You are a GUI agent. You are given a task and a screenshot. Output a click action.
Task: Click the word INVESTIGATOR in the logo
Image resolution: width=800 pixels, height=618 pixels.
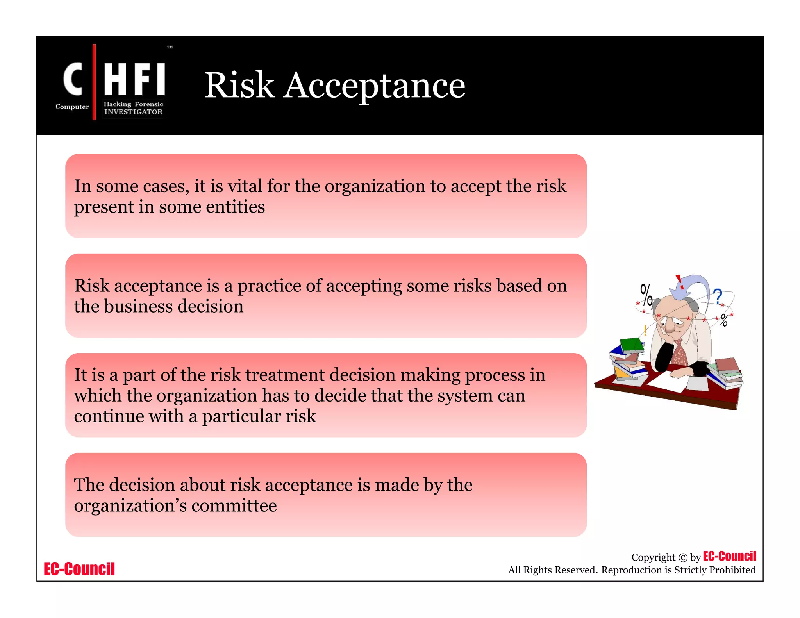[133, 112]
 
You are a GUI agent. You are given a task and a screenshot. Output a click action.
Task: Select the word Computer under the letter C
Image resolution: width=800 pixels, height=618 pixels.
[72, 107]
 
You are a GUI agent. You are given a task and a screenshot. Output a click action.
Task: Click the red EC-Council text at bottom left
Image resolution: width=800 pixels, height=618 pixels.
[79, 569]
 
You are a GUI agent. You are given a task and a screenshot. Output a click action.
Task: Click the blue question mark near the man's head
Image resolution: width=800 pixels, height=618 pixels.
[718, 296]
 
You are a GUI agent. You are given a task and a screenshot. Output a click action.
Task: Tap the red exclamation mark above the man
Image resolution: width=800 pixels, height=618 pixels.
[680, 281]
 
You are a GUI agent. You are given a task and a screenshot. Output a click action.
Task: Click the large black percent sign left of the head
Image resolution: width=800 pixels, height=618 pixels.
[646, 295]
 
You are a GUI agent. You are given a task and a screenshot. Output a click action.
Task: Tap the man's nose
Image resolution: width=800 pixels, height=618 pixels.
[670, 327]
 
